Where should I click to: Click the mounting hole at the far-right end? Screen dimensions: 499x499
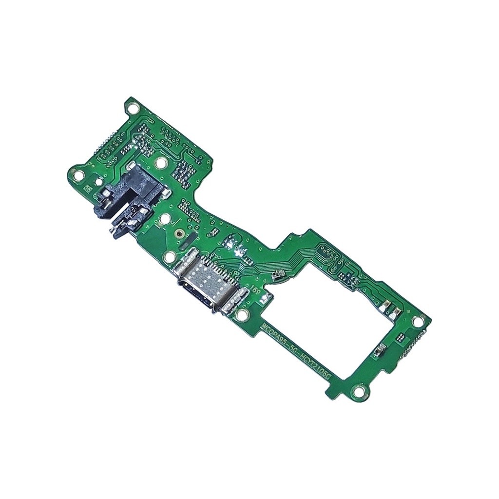[x=417, y=321]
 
